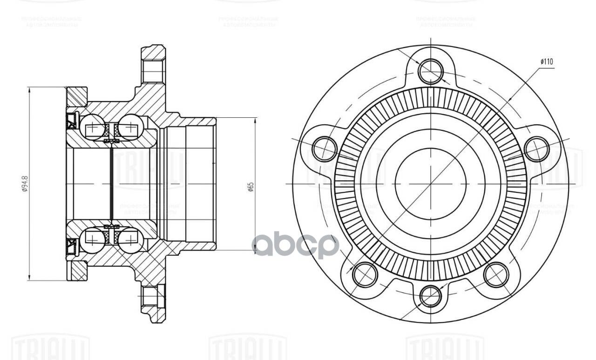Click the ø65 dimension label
coord(251,186)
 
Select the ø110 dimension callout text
coord(547,61)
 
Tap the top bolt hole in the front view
coord(431,71)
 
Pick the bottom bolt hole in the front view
coord(430,296)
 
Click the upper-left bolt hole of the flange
coord(324,149)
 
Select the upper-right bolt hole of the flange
coord(536,149)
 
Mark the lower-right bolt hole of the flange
coord(496,274)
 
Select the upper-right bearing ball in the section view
coord(130,126)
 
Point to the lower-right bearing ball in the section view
coord(130,240)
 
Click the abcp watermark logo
coord(295,245)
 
